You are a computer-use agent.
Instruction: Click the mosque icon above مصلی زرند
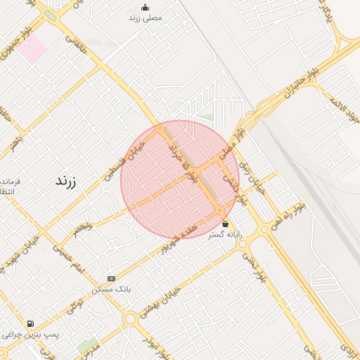(x=146, y=8)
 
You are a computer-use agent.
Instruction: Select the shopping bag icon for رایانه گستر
(x=225, y=224)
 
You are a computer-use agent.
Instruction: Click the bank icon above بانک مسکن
(x=111, y=279)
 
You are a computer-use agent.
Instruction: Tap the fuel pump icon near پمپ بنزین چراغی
(x=30, y=324)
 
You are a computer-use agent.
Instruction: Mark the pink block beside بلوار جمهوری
(x=32, y=48)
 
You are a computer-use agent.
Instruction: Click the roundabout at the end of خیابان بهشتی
(x=129, y=319)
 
